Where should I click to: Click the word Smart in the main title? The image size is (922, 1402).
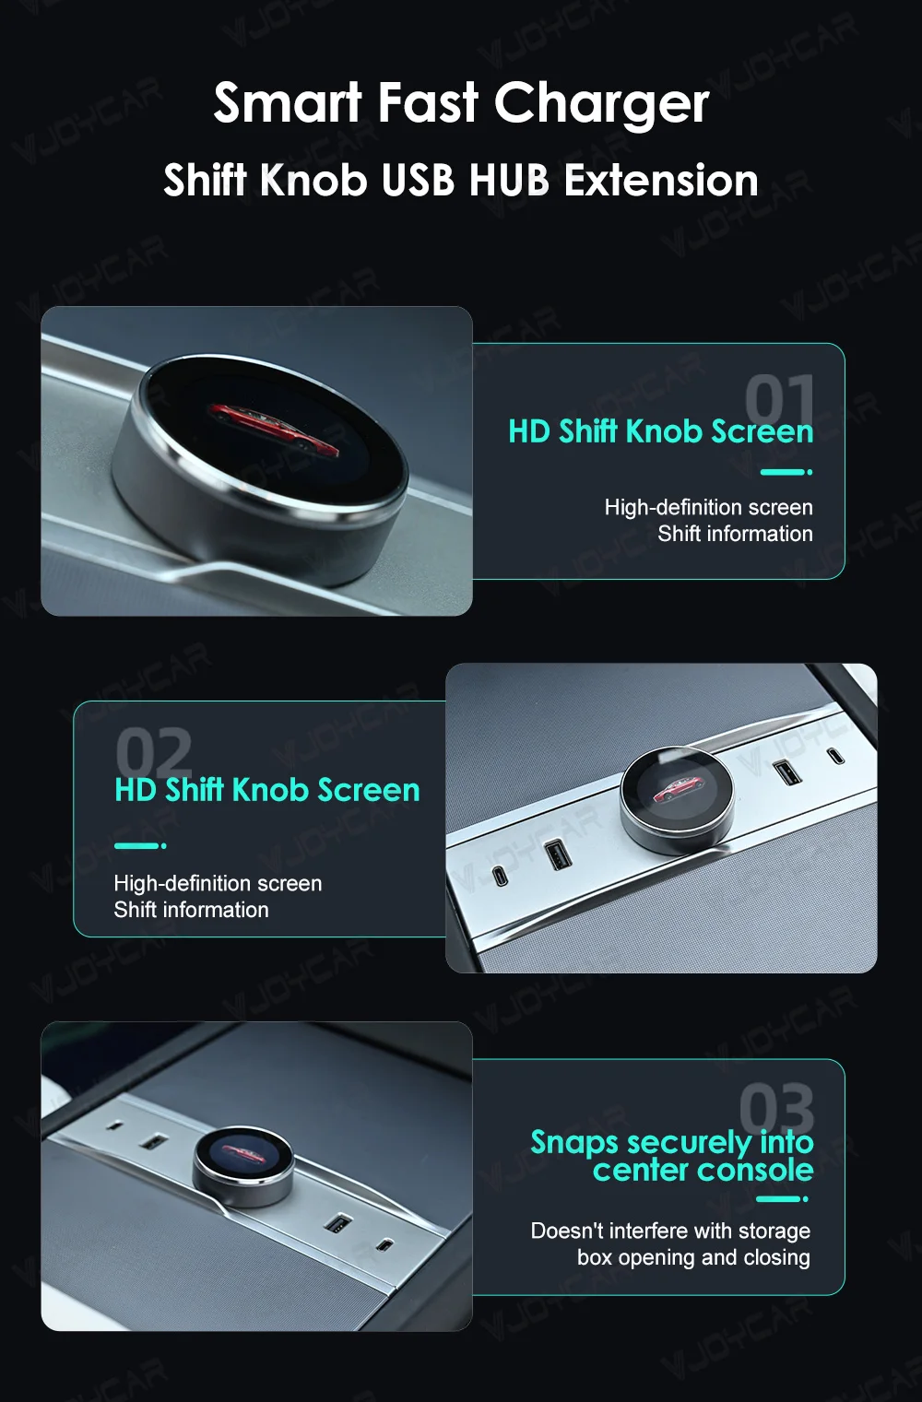point(288,102)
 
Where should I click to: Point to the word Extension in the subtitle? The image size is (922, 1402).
point(661,180)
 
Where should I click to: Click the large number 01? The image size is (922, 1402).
point(779,398)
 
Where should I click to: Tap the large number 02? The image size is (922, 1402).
point(153,752)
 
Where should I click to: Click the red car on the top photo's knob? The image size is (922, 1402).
point(274,427)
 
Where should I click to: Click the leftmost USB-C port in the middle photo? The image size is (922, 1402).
point(500,876)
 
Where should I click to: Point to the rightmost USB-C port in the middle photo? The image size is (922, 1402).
point(836,756)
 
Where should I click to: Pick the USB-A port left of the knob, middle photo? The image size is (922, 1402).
point(555,855)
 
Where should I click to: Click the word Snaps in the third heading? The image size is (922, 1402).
point(574,1143)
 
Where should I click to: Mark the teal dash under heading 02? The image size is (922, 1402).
point(140,845)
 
